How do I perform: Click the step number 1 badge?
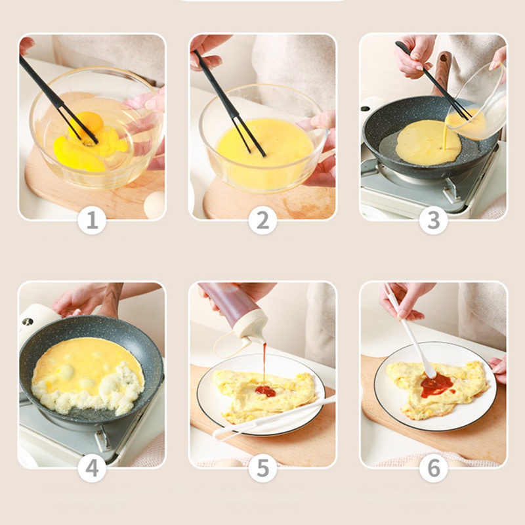[x=92, y=220]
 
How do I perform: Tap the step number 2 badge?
[x=263, y=220]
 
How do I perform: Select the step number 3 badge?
[x=434, y=220]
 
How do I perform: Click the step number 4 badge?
[x=92, y=468]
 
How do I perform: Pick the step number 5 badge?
[x=263, y=468]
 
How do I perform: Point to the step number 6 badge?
[x=434, y=468]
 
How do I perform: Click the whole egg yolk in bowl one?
[x=91, y=122]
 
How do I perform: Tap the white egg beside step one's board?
[x=154, y=204]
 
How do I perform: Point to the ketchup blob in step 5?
[x=266, y=390]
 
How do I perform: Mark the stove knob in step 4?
[x=28, y=322]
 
